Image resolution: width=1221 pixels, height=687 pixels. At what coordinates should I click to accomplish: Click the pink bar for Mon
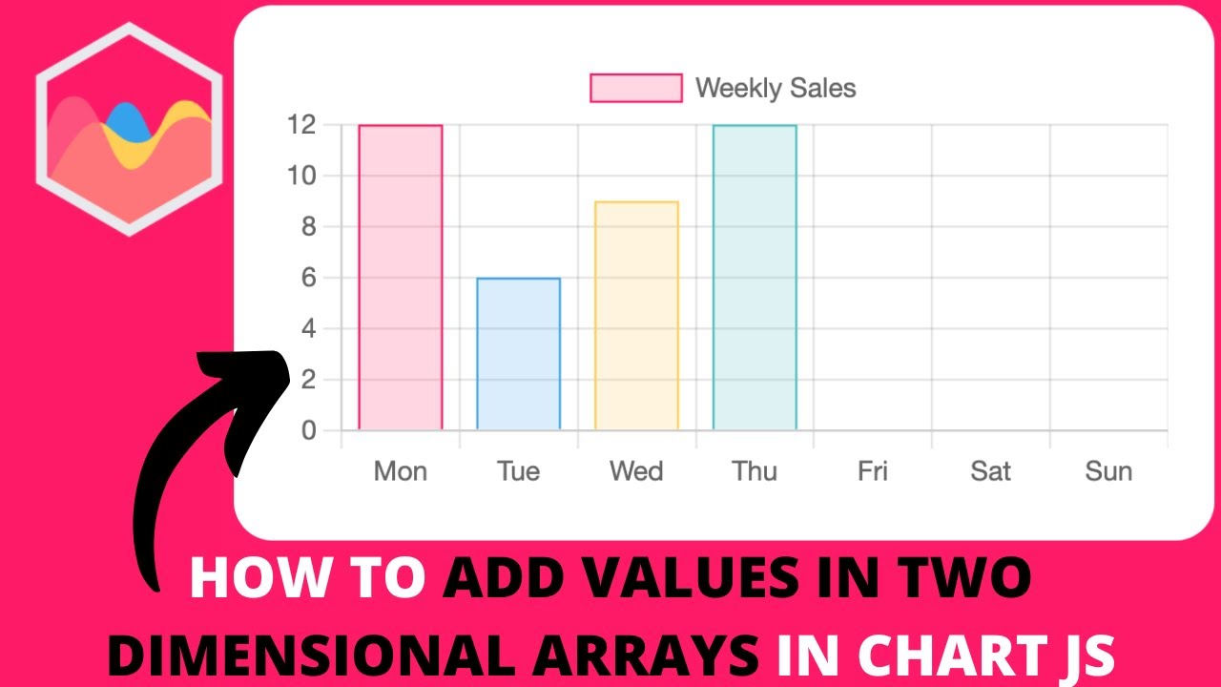pos(401,278)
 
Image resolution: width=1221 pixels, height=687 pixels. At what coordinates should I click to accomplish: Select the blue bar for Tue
pos(518,354)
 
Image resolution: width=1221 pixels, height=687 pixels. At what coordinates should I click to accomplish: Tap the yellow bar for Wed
pos(636,316)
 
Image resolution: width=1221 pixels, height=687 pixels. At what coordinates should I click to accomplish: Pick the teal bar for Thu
pos(755,278)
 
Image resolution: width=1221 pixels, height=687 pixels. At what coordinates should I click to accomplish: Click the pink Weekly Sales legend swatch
pos(636,88)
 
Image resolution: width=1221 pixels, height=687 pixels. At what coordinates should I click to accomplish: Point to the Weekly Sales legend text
pos(776,89)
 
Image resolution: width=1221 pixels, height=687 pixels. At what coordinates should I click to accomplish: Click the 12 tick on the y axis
pos(301,125)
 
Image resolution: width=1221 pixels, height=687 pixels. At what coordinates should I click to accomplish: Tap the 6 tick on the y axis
pos(307,278)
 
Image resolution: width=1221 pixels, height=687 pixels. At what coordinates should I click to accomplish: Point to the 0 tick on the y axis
pos(307,431)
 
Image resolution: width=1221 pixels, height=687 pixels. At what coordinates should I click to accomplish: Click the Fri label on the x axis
pos(872,471)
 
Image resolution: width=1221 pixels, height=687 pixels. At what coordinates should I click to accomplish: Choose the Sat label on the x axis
pos(990,471)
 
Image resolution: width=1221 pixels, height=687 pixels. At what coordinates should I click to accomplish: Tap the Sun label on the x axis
pos(1108,471)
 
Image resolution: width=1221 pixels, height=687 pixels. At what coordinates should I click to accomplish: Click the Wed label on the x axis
pos(636,471)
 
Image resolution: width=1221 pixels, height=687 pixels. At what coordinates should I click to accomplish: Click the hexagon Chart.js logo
pos(130,129)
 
